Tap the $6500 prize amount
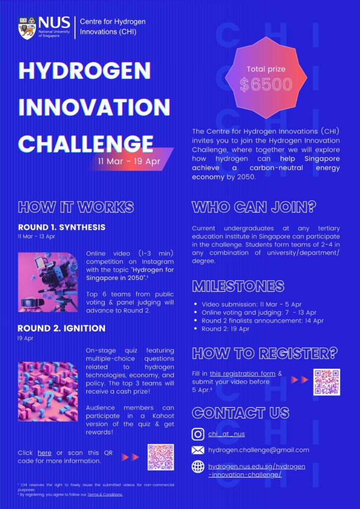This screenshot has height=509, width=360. (x=266, y=85)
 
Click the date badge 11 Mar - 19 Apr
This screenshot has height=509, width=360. (x=129, y=162)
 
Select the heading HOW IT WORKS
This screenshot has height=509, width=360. (x=76, y=207)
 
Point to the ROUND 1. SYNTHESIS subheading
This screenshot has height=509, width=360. (x=62, y=228)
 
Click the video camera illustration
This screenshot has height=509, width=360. (x=48, y=282)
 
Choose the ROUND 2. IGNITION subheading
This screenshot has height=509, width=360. (x=61, y=329)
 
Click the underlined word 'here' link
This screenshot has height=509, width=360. (x=44, y=453)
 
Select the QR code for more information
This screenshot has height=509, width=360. (x=161, y=457)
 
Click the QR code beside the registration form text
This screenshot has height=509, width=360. (x=326, y=382)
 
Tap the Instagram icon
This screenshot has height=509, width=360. (x=198, y=434)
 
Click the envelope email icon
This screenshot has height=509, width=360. (x=198, y=450)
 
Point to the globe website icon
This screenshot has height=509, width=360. (x=198, y=467)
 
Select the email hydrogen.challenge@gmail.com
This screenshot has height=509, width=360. (x=259, y=450)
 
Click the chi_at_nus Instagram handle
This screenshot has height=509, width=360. (x=226, y=434)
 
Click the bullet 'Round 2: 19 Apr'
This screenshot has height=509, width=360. (x=225, y=329)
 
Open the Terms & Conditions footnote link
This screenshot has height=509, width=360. (x=105, y=495)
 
